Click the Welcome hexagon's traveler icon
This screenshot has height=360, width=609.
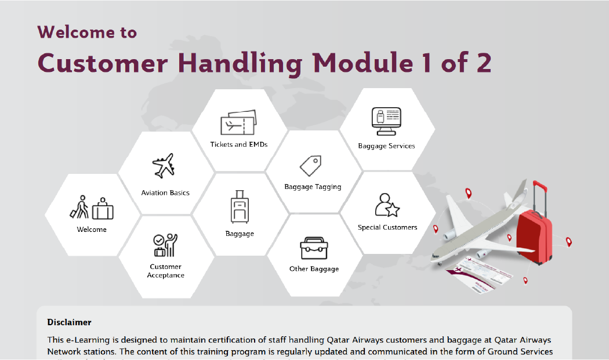pos(92,208)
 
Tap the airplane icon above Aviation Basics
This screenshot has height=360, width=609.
pos(164,166)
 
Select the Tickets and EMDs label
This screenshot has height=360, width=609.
pos(239,144)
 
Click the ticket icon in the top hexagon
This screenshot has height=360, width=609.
pos(238,123)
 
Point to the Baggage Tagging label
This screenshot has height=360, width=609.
pos(313,187)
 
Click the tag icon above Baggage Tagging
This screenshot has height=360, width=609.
pos(310,166)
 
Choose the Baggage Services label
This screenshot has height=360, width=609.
pos(386,146)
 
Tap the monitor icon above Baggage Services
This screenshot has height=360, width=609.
pos(386,119)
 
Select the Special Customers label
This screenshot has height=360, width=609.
pos(387,227)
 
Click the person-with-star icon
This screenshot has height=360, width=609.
pos(387,205)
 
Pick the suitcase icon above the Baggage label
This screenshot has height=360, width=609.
pos(239,208)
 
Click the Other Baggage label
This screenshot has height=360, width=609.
pos(314,269)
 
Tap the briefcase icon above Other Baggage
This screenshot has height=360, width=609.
pos(314,248)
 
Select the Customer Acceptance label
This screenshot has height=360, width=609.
pos(165,271)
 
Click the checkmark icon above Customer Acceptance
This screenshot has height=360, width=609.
pos(165,245)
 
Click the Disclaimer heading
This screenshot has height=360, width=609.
pos(69,322)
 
